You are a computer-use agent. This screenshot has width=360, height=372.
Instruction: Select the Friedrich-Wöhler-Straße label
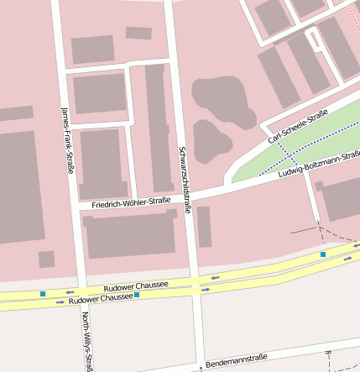click(125, 202)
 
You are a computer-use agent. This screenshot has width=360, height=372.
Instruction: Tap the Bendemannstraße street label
click(236, 359)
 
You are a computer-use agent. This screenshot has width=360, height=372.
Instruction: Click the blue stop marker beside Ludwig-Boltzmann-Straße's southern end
click(322, 254)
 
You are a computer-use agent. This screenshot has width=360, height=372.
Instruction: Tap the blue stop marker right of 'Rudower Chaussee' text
click(137, 295)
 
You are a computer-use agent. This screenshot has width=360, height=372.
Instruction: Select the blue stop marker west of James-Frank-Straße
click(43, 293)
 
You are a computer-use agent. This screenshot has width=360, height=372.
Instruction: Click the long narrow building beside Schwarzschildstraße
click(157, 126)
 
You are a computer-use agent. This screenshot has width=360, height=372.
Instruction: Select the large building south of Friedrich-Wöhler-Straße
click(130, 235)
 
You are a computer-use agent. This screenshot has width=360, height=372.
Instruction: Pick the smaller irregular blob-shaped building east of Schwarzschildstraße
click(211, 140)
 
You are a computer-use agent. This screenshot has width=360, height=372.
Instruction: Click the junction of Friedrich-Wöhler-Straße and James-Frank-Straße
click(76, 207)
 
